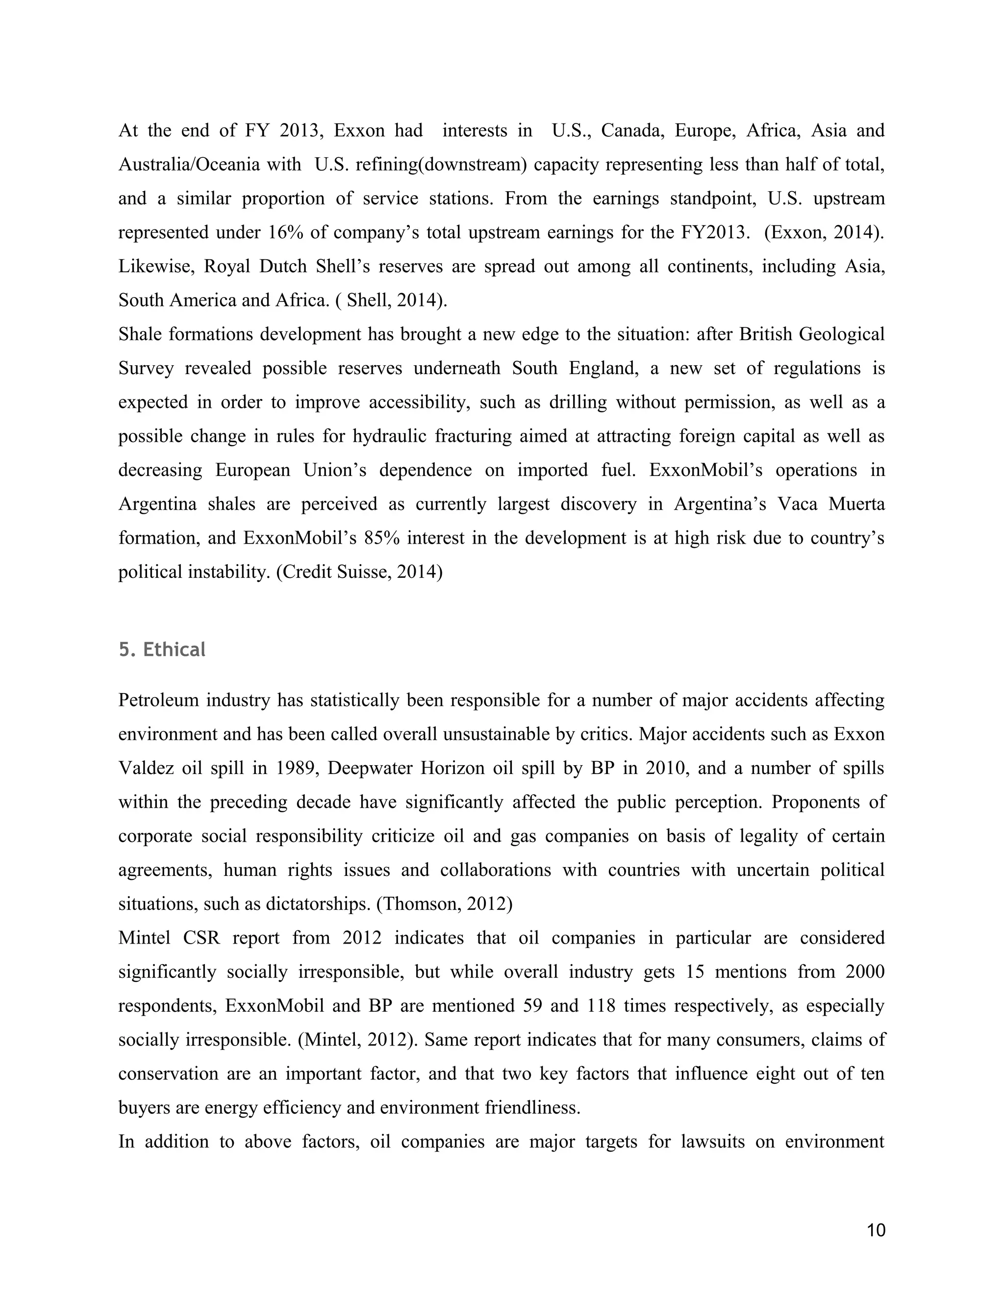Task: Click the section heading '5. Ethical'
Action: coord(162,649)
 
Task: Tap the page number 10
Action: coord(876,1230)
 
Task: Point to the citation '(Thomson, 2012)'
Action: coord(444,903)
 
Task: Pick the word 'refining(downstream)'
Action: coord(440,164)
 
